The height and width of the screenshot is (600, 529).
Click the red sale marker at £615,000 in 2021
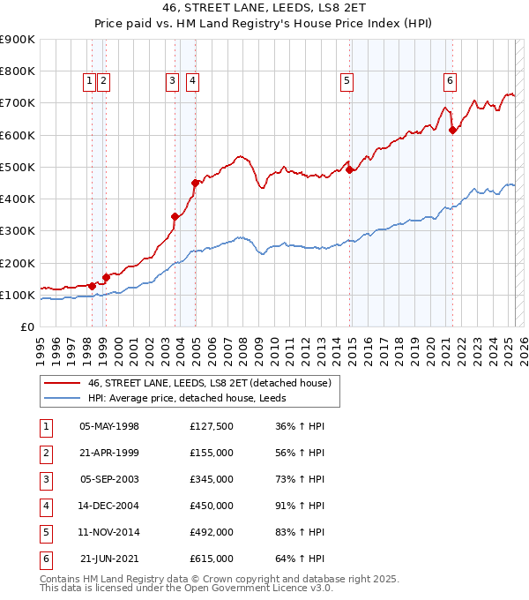(x=453, y=130)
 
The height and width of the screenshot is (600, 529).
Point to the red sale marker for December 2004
(x=195, y=183)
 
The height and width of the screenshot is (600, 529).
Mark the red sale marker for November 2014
(x=350, y=169)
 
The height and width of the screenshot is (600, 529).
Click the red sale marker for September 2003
(x=175, y=216)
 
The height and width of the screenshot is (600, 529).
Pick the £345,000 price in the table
(x=212, y=479)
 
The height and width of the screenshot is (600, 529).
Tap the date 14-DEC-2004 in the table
(x=109, y=506)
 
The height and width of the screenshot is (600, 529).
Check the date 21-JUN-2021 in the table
(x=109, y=559)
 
